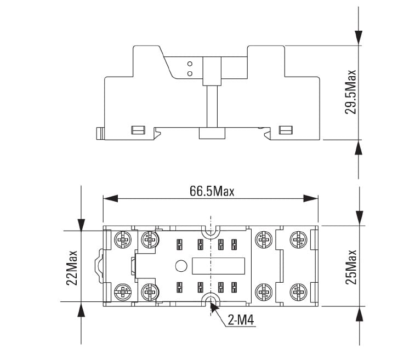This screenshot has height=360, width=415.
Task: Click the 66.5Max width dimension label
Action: coord(212,191)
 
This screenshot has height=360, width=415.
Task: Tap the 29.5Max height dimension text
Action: coord(350,92)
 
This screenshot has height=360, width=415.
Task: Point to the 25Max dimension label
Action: coord(351,266)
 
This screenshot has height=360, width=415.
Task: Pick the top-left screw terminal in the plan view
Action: coord(122,239)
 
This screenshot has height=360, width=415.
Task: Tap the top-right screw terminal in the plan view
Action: coord(297,239)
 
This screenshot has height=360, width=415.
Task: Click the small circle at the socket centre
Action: coord(180,267)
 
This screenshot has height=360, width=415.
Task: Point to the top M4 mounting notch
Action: coord(211,233)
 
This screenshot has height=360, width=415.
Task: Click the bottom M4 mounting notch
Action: coord(211,299)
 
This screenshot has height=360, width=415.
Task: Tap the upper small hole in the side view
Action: coord(190,64)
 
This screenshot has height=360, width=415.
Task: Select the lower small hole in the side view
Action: coord(190,73)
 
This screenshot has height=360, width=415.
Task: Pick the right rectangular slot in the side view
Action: coord(286,130)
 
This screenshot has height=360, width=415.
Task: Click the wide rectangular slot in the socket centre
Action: coord(217,267)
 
